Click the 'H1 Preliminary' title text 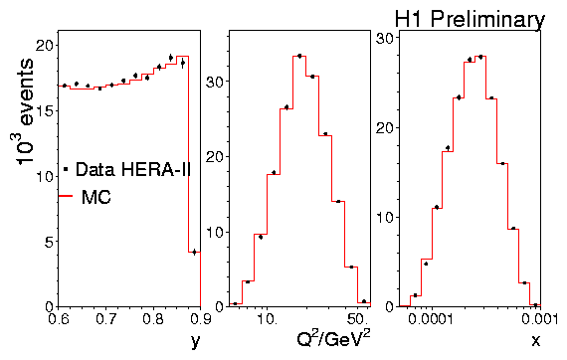click(470, 19)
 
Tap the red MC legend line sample click(66, 196)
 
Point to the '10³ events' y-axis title click(25, 111)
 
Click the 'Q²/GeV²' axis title click(333, 339)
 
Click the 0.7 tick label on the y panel click(106, 319)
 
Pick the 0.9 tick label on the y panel click(200, 319)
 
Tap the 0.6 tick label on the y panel click(59, 319)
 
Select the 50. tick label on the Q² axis click(358, 319)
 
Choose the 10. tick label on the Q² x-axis click(267, 319)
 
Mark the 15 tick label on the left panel click(45, 110)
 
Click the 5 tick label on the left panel click(49, 242)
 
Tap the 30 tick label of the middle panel click(215, 81)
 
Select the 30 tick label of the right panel click(385, 38)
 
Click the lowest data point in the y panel click(195, 252)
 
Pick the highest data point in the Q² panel click(299, 56)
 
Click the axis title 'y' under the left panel click(195, 341)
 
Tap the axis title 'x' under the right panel click(536, 340)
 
